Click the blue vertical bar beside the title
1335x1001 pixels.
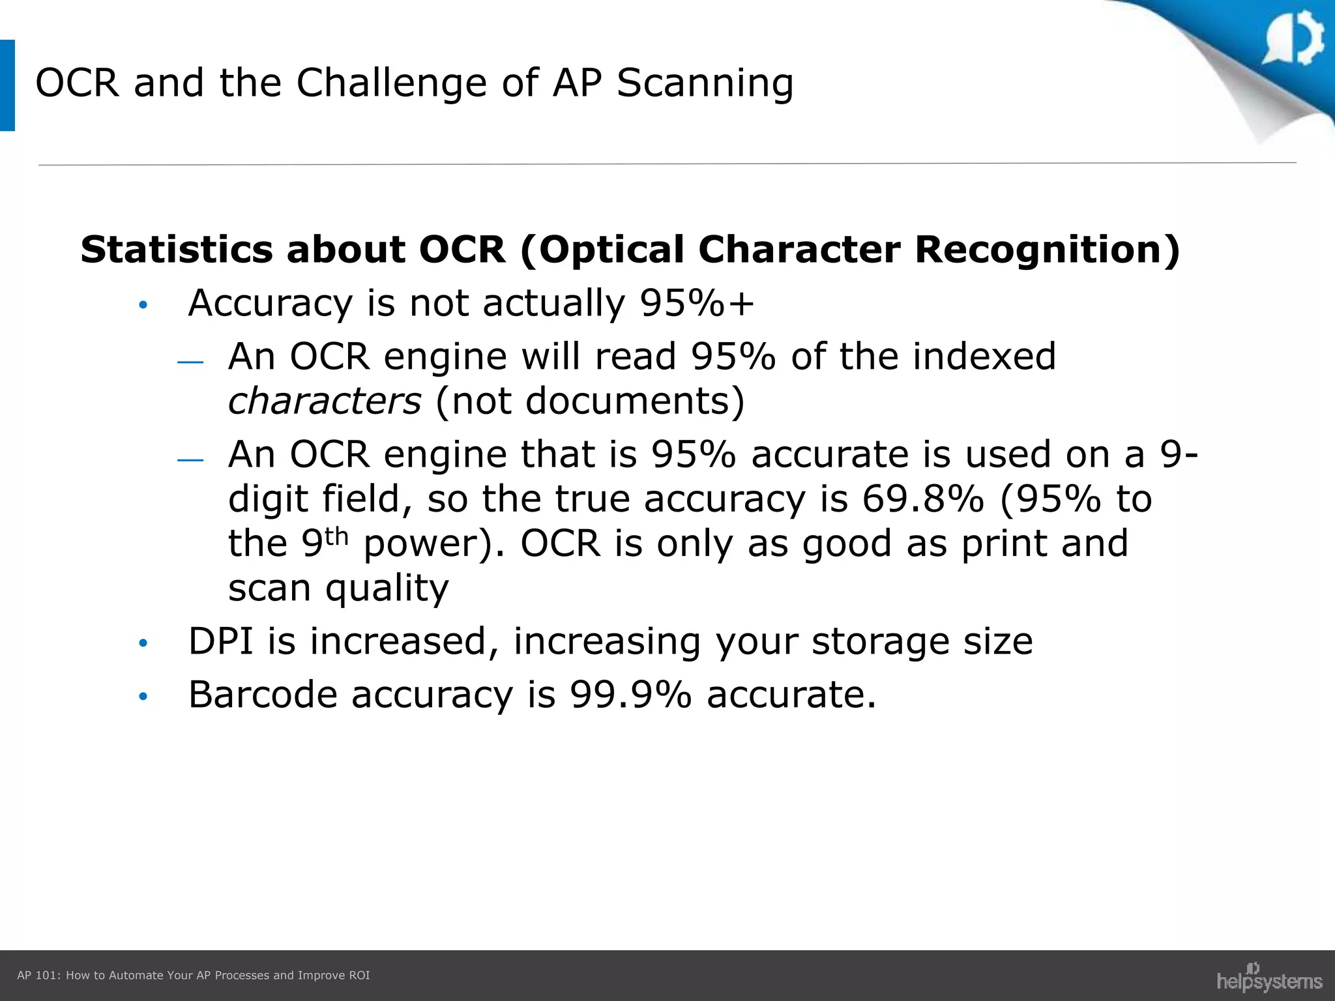tap(7, 85)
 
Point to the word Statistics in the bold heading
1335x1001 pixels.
tap(176, 250)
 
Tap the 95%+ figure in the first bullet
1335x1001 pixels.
tap(697, 303)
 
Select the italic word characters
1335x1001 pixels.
tap(325, 401)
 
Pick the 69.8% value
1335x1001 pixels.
tap(922, 499)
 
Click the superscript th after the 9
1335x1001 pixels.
tap(337, 536)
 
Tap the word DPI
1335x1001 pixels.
tap(220, 641)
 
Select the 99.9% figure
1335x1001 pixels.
tap(630, 695)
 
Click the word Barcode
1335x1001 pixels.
tap(263, 695)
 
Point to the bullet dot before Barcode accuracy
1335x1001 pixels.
tap(143, 697)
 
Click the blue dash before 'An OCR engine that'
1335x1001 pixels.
tap(190, 460)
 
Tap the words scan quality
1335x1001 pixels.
tap(338, 588)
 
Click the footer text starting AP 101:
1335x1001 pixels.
tap(193, 976)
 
